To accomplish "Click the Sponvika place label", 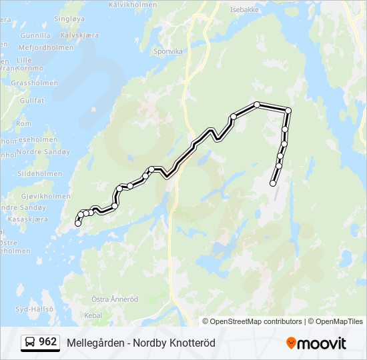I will tap(167, 50).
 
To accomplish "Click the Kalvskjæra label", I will tap(79, 35).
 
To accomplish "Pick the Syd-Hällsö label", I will tap(34, 309).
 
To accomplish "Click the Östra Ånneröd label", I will tap(114, 299).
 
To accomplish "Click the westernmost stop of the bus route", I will tap(78, 223).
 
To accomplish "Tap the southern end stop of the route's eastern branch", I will tap(273, 183).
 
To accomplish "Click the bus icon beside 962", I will tap(30, 343).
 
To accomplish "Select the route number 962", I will tap(48, 342).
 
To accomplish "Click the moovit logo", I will tap(316, 343).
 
